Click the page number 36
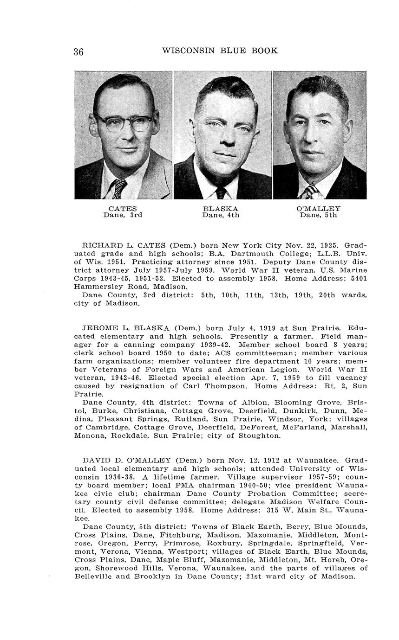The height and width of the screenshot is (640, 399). [78, 51]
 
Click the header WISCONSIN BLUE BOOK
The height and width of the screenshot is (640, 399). [220, 51]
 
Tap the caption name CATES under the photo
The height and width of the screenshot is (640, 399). [123, 209]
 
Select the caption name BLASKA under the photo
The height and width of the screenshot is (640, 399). [221, 209]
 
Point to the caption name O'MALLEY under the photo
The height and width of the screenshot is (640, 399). [319, 209]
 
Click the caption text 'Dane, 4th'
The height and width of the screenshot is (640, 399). [221, 215]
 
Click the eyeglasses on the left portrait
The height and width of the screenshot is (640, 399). [124, 122]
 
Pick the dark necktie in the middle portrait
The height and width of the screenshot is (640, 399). [221, 192]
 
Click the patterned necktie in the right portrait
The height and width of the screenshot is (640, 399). [310, 191]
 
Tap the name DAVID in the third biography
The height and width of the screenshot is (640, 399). [96, 461]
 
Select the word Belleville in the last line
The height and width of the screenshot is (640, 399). [95, 577]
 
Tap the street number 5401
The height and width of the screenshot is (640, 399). [357, 279]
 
